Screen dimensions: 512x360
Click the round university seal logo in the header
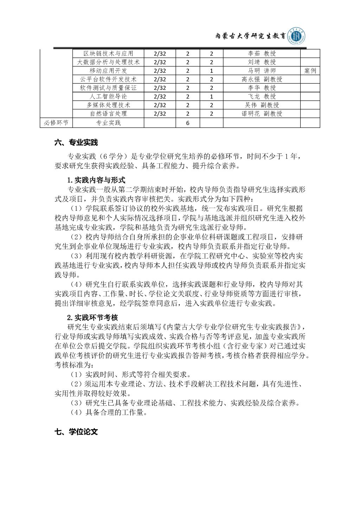click(x=297, y=36)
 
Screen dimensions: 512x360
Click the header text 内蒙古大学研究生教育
click(x=250, y=37)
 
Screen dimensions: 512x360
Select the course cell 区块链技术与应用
click(x=108, y=54)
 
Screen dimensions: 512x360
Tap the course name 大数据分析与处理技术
click(x=108, y=62)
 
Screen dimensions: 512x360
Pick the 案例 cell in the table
click(x=310, y=71)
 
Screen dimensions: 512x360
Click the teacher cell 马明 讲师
click(x=262, y=71)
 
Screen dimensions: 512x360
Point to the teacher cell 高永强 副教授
click(x=262, y=79)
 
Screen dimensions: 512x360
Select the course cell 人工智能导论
click(x=108, y=96)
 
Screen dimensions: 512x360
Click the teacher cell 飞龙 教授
click(x=262, y=96)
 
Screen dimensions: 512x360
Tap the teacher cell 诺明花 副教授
click(x=262, y=114)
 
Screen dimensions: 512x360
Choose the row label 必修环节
click(x=56, y=123)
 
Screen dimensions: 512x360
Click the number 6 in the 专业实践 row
click(x=188, y=123)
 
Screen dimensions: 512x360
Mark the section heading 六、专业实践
click(x=76, y=143)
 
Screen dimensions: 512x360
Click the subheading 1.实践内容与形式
click(x=96, y=180)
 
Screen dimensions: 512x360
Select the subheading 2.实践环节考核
click(x=92, y=318)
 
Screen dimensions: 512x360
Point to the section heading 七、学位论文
click(x=76, y=432)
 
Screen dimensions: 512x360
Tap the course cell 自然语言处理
click(x=108, y=114)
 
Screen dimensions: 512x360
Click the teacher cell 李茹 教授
click(x=262, y=54)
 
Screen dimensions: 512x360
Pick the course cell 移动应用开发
click(x=108, y=71)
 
